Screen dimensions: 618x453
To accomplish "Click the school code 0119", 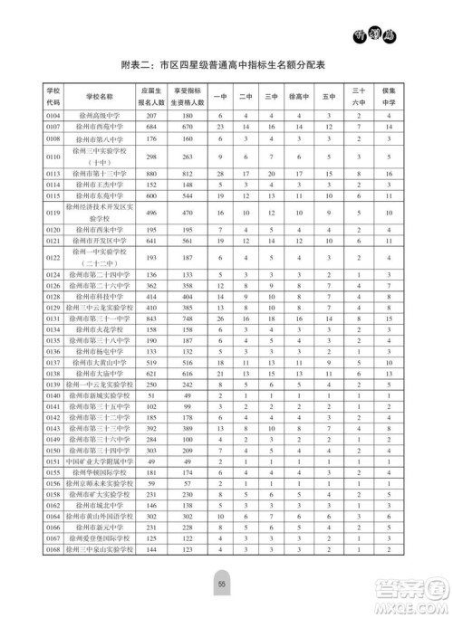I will [x=53, y=214].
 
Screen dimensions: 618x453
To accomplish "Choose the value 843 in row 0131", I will [x=150, y=319].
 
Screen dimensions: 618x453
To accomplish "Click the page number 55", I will [x=220, y=585].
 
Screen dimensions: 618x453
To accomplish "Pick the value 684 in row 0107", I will [x=150, y=128].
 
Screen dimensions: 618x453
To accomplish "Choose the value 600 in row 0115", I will [x=150, y=195].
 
